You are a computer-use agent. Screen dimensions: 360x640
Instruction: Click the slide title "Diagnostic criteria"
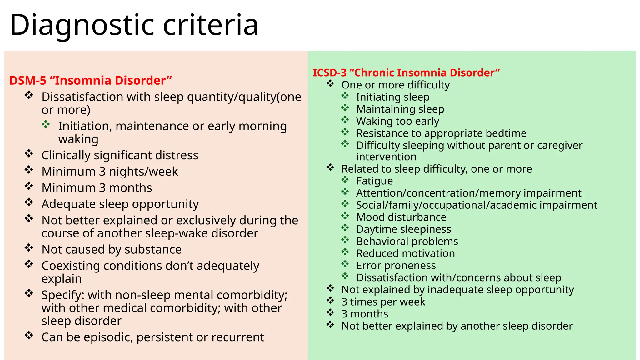(x=134, y=25)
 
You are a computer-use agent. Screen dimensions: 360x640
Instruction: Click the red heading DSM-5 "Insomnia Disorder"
(x=91, y=81)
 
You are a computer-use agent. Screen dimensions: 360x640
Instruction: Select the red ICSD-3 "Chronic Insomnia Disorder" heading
(x=406, y=73)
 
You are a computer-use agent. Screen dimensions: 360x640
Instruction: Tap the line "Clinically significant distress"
(x=120, y=155)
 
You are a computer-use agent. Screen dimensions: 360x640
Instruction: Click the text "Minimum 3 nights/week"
(x=110, y=172)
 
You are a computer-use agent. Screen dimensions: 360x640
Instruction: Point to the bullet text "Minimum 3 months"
(x=97, y=188)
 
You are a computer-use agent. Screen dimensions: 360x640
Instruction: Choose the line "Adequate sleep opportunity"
(x=120, y=204)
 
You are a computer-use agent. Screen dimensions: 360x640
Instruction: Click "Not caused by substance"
(x=112, y=250)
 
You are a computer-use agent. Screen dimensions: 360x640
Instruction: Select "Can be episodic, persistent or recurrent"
(x=153, y=337)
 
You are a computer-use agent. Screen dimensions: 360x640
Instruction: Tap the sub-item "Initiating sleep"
(x=393, y=97)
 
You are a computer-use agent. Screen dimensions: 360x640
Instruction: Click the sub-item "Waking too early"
(x=397, y=121)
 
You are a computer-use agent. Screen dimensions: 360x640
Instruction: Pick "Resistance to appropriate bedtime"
(x=441, y=133)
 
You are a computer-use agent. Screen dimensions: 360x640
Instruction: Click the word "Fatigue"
(x=374, y=181)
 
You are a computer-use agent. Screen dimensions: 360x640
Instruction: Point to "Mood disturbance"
(x=401, y=217)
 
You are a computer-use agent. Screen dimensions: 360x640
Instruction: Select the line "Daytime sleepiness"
(x=403, y=229)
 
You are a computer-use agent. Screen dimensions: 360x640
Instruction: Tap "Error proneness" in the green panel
(x=396, y=266)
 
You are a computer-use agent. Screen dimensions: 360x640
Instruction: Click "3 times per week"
(x=383, y=302)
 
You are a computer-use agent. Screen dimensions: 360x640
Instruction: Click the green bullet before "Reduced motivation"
(x=345, y=252)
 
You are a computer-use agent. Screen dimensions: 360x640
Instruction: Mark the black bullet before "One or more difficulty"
(x=330, y=83)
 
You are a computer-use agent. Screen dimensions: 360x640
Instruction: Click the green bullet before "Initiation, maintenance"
(x=46, y=124)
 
